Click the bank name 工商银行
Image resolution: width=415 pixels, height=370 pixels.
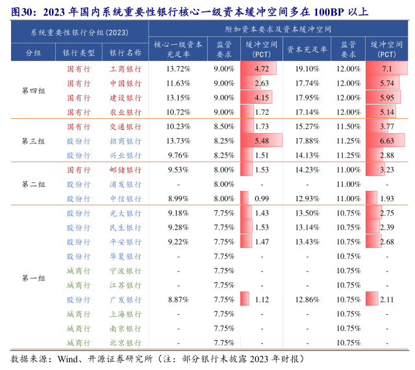pos(125,69)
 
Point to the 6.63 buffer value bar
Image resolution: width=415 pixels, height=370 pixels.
pos(386,141)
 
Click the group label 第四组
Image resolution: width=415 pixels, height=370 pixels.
pos(34,90)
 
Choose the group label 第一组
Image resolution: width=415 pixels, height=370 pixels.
pos(34,278)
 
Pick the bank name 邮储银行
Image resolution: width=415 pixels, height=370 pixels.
pos(125,170)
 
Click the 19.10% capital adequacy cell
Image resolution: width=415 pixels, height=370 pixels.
pos(307,69)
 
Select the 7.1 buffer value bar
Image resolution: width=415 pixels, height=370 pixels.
pos(386,69)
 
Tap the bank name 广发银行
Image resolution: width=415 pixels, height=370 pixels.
pos(125,299)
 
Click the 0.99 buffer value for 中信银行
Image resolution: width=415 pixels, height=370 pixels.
pos(262,199)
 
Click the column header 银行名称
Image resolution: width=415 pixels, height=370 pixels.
pos(125,53)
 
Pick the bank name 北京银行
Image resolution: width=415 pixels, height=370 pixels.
pos(125,343)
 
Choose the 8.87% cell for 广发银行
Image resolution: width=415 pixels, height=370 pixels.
pos(178,299)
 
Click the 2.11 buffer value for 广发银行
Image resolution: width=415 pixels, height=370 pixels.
pos(386,299)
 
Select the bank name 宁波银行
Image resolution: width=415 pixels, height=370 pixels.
pos(125,271)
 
